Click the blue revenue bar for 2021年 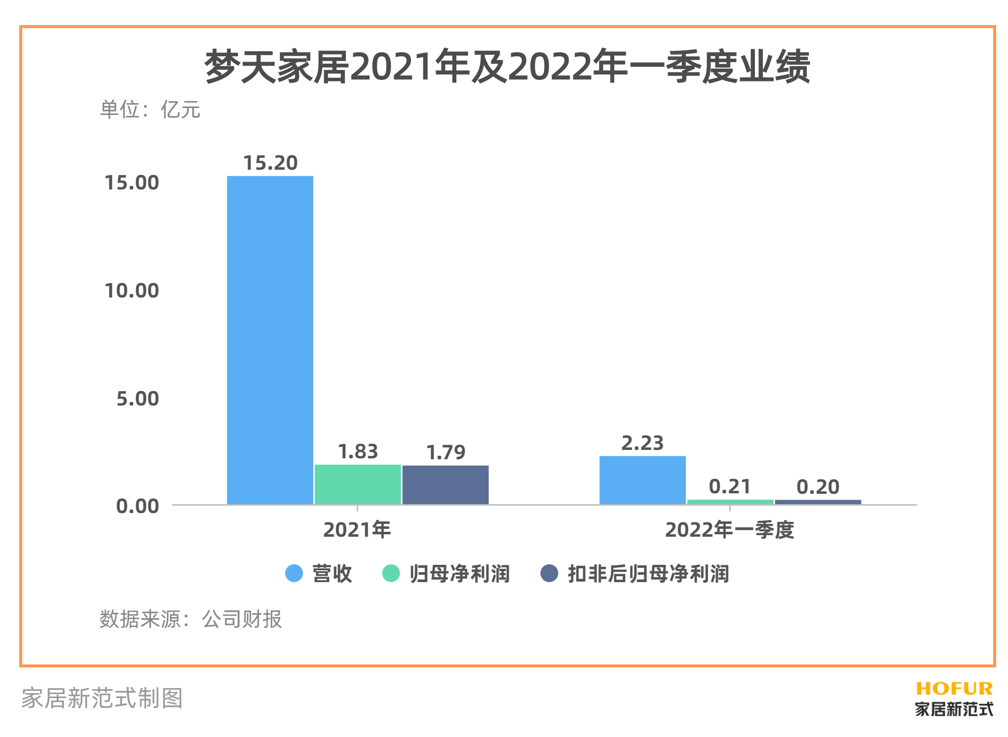pyautogui.click(x=270, y=340)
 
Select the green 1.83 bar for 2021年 pyautogui.click(x=358, y=484)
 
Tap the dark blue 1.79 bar pyautogui.click(x=446, y=484)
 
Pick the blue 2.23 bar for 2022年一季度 pyautogui.click(x=642, y=479)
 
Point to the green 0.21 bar pyautogui.click(x=730, y=502)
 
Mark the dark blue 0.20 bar pyautogui.click(x=818, y=502)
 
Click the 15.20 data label pyautogui.click(x=270, y=163)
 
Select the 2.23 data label pyautogui.click(x=642, y=443)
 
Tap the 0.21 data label pyautogui.click(x=730, y=487)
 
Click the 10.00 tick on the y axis pyautogui.click(x=132, y=291)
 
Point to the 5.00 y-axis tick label pyautogui.click(x=138, y=399)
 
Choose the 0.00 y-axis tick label pyautogui.click(x=138, y=506)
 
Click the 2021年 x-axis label pyautogui.click(x=357, y=530)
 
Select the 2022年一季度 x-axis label pyautogui.click(x=730, y=530)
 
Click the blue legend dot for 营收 pyautogui.click(x=294, y=573)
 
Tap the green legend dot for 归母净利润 pyautogui.click(x=391, y=573)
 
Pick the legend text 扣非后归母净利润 pyautogui.click(x=648, y=574)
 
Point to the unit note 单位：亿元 pyautogui.click(x=150, y=110)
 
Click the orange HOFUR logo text pyautogui.click(x=954, y=688)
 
